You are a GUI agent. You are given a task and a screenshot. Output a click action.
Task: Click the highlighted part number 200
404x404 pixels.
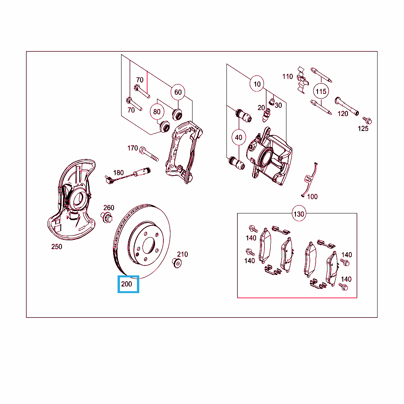click(127, 284)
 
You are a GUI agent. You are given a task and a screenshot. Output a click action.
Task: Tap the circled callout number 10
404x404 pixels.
click(257, 84)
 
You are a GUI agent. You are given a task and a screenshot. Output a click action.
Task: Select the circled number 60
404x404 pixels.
click(178, 92)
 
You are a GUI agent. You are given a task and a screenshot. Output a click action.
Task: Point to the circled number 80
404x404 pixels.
click(157, 112)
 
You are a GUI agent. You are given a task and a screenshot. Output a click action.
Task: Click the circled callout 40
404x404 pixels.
click(239, 137)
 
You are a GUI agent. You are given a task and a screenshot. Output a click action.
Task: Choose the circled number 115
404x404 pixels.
click(321, 91)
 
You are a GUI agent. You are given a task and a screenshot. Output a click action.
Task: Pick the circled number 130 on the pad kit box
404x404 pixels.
click(299, 214)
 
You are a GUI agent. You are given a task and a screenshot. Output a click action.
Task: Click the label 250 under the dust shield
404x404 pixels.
click(57, 247)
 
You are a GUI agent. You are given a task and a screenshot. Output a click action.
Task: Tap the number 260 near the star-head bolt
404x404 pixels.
click(109, 208)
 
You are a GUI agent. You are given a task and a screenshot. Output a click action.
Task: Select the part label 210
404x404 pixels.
click(182, 254)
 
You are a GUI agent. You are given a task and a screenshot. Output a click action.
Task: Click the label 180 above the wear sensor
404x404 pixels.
click(118, 173)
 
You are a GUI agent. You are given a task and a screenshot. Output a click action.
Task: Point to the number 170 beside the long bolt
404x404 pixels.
click(133, 148)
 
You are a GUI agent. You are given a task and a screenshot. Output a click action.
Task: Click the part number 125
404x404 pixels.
click(363, 129)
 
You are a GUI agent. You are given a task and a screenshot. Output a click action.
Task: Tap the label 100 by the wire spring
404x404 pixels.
click(312, 197)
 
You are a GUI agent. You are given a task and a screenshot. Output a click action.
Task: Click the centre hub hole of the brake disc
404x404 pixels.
click(148, 245)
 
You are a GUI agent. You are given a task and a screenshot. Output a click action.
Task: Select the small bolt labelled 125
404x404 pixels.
click(367, 120)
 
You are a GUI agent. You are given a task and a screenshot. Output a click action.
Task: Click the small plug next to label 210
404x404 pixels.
click(177, 263)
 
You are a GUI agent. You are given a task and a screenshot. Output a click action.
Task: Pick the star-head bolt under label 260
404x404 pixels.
click(106, 218)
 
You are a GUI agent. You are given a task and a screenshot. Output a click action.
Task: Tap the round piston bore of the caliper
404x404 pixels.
click(266, 157)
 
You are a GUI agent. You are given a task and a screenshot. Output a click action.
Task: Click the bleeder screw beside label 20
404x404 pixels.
click(266, 115)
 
